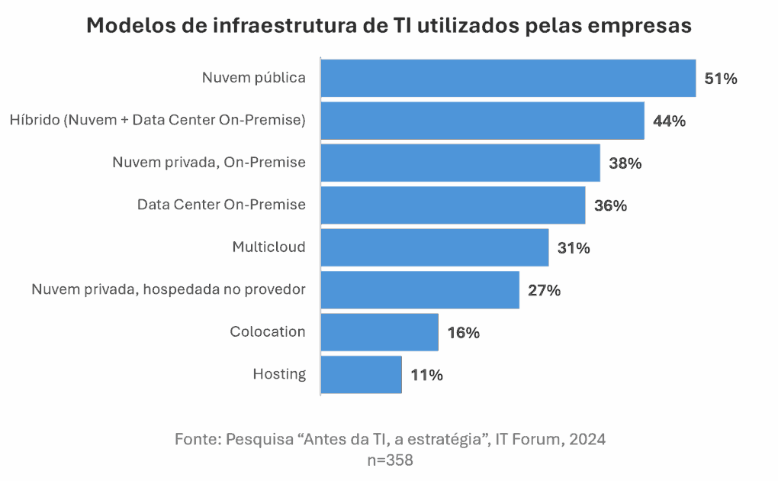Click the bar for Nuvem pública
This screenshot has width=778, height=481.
click(508, 79)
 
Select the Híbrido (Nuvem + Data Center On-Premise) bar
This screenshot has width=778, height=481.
click(482, 121)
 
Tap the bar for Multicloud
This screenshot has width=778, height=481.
click(434, 247)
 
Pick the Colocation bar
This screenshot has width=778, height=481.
click(379, 332)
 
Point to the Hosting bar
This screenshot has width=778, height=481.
click(361, 374)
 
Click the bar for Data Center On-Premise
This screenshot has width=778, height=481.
click(452, 205)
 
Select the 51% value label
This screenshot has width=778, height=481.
click(721, 79)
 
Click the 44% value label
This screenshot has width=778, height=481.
click(670, 121)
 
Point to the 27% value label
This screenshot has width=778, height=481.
click(545, 290)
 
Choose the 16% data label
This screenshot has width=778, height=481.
click(463, 332)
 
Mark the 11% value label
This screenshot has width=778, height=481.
click(426, 375)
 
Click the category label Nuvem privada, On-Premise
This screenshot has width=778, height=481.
click(209, 163)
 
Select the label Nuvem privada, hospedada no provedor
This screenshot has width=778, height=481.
click(169, 290)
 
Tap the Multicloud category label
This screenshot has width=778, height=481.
click(268, 247)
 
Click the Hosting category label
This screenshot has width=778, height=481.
click(279, 374)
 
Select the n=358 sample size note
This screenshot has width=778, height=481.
click(390, 460)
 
